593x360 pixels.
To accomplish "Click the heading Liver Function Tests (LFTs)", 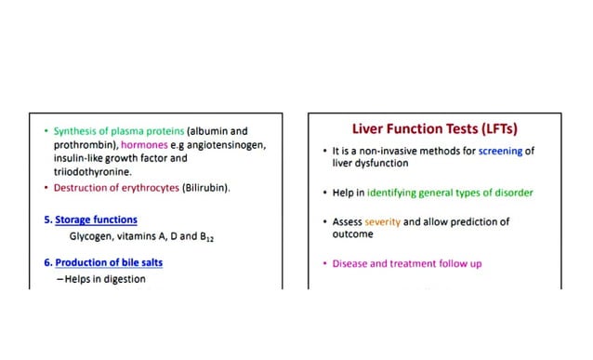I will pyautogui.click(x=434, y=128).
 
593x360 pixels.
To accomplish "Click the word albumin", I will pyautogui.click(x=211, y=132).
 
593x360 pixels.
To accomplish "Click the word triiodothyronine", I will pyautogui.click(x=92, y=172).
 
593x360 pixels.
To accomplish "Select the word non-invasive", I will pyautogui.click(x=381, y=150).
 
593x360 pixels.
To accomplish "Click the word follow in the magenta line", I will pyautogui.click(x=450, y=264).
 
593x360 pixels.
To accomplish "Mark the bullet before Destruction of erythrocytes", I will pyautogui.click(x=46, y=188).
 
